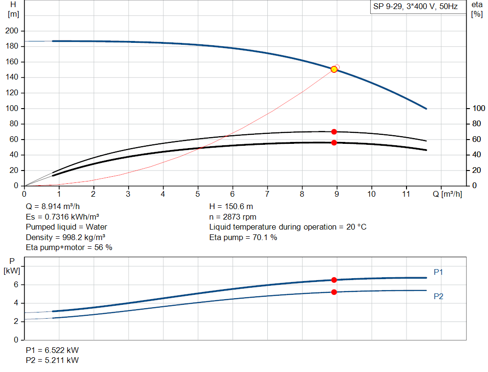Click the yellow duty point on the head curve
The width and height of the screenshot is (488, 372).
click(334, 69)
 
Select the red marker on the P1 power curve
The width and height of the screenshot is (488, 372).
click(334, 280)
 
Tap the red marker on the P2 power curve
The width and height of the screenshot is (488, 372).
click(334, 292)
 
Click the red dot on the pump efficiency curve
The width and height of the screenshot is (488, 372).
click(334, 131)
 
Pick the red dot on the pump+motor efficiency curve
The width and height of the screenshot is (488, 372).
click(334, 142)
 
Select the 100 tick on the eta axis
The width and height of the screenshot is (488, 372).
click(478, 109)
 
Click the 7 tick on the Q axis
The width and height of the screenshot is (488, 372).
click(267, 194)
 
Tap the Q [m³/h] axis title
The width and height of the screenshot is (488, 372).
click(447, 194)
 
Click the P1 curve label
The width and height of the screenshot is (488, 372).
click(438, 272)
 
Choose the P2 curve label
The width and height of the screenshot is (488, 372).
click(438, 296)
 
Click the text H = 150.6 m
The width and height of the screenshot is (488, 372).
click(231, 207)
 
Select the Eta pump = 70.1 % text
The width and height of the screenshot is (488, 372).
click(243, 237)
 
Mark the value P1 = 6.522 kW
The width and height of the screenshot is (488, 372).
click(52, 350)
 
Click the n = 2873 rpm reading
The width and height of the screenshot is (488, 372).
click(233, 217)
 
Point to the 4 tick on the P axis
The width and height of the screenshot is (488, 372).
click(16, 303)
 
